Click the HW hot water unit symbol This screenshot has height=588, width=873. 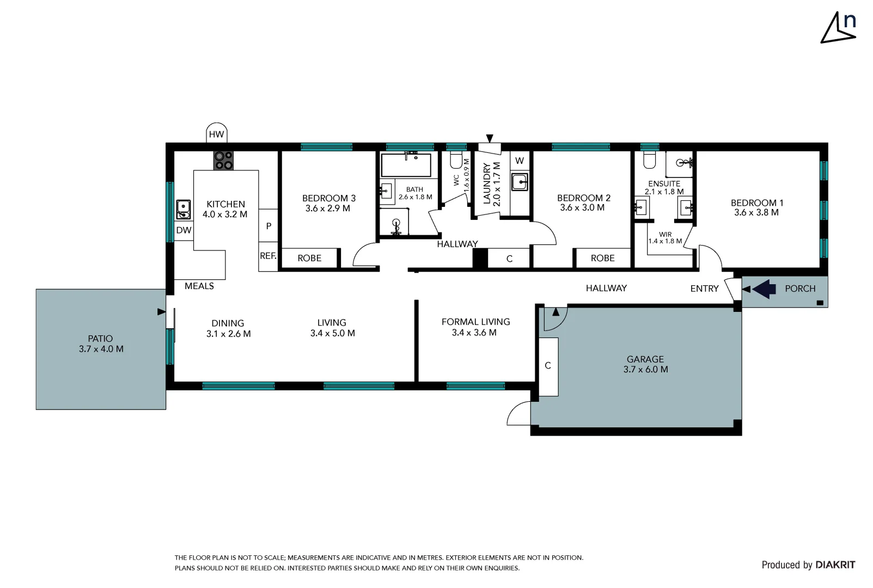click(x=217, y=134)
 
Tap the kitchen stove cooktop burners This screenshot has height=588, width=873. click(x=223, y=161)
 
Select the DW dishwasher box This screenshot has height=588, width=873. click(x=184, y=230)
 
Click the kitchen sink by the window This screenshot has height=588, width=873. click(x=183, y=209)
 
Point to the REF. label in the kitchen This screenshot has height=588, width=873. click(x=268, y=256)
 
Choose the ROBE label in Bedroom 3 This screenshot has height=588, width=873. click(x=309, y=258)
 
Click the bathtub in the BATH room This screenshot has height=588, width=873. click(x=406, y=164)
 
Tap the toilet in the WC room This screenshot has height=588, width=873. click(x=456, y=161)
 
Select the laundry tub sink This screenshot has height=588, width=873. click(x=520, y=182)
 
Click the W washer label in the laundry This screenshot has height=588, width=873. click(x=520, y=161)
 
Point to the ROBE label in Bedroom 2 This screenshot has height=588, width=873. click(x=602, y=258)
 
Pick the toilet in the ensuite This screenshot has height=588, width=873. click(x=650, y=161)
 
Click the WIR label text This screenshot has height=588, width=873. click(x=665, y=234)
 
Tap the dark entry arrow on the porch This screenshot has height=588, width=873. click(x=764, y=289)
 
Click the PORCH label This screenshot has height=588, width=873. click(x=800, y=289)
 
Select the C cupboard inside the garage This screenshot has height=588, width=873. click(x=548, y=366)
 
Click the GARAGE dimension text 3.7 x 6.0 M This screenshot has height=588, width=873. click(x=645, y=370)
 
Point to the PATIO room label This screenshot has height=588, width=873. click(x=100, y=339)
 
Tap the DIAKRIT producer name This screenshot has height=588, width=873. click(x=835, y=565)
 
